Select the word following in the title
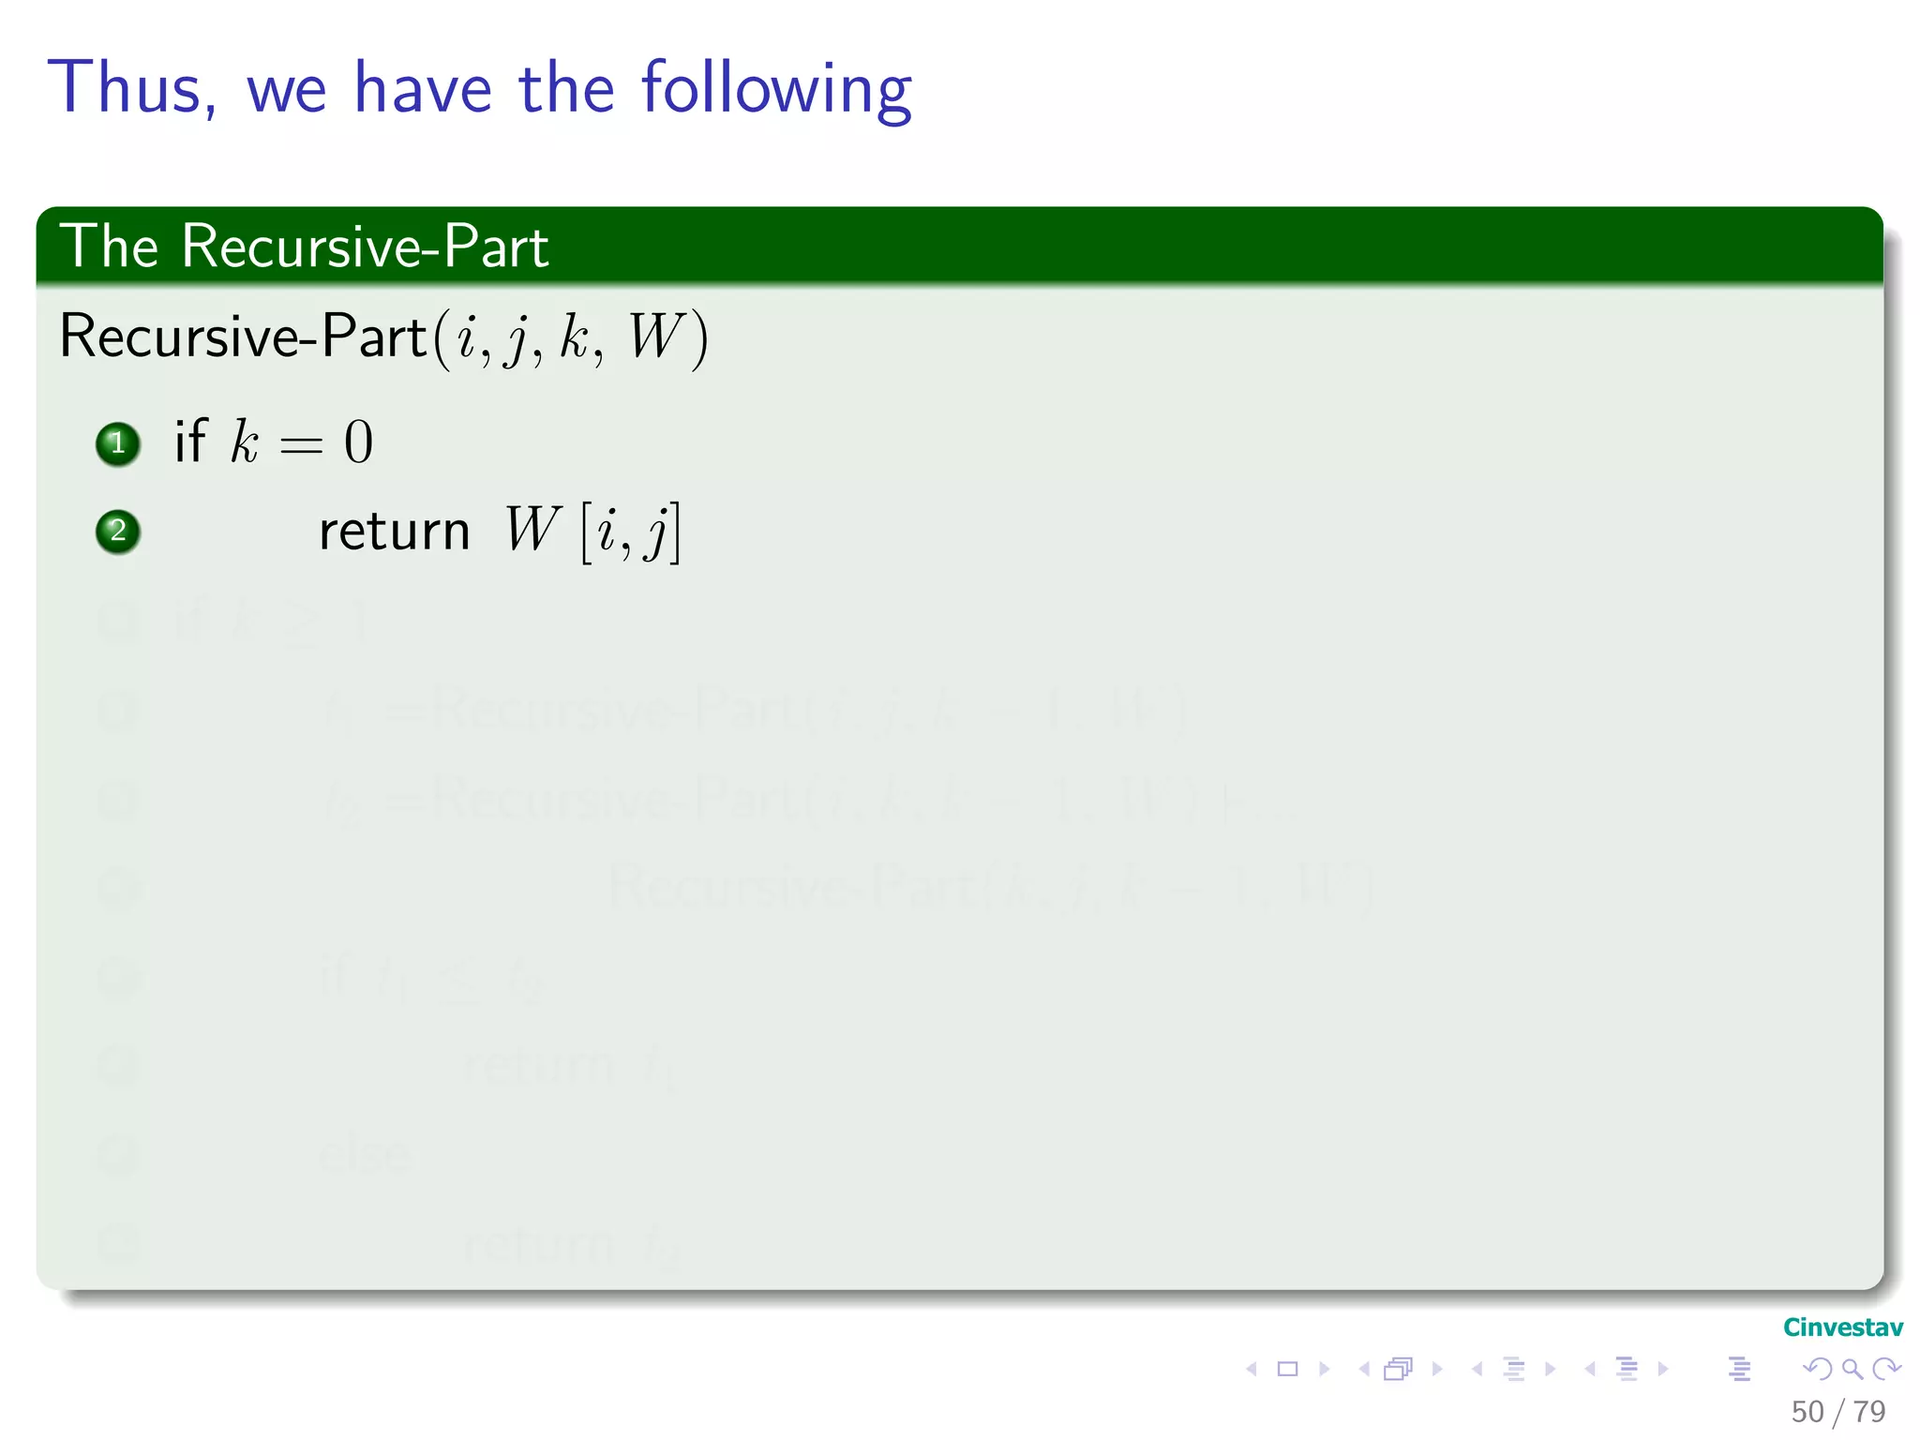tap(776, 89)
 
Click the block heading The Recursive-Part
tap(304, 247)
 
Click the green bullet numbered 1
tap(118, 443)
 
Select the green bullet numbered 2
tap(118, 532)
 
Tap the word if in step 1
tap(189, 441)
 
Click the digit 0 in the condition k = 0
tap(358, 442)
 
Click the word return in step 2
tap(394, 532)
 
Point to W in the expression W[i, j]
tap(532, 530)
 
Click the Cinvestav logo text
tap(1842, 1327)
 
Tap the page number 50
tap(1807, 1412)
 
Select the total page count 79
tap(1869, 1412)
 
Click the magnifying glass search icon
tap(1852, 1369)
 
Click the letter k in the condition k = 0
tap(244, 441)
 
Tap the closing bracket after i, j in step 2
tap(675, 532)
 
